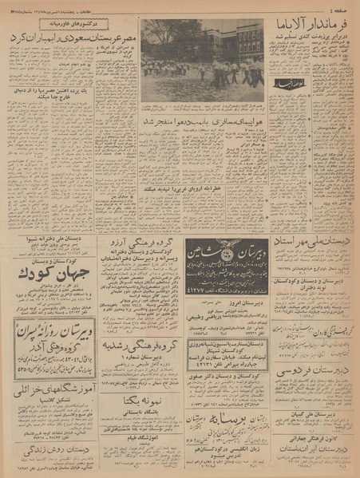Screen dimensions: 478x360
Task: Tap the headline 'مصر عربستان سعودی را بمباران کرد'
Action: pyautogui.click(x=69, y=39)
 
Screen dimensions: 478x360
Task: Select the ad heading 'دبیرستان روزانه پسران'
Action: pyautogui.click(x=51, y=335)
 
